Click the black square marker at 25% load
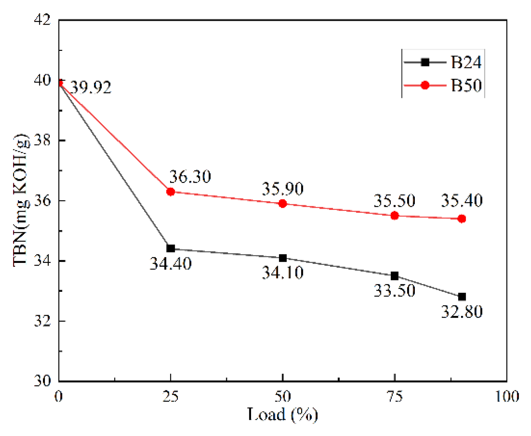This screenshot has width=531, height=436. [171, 248]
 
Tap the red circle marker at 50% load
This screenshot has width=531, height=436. [282, 204]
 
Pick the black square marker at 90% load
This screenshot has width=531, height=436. [462, 296]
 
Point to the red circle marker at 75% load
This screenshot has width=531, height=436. [395, 216]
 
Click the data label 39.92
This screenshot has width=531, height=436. [91, 87]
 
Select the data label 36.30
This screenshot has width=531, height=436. [190, 176]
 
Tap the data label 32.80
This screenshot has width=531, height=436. [462, 312]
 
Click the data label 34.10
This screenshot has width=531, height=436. [282, 272]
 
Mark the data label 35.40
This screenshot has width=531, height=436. [462, 200]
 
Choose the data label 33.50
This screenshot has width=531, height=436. [395, 290]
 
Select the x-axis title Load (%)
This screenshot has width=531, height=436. [282, 414]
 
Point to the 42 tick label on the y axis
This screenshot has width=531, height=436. [42, 20]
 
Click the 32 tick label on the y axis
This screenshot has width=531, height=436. [42, 321]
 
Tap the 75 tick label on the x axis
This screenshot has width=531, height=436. [395, 396]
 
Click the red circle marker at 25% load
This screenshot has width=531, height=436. [171, 192]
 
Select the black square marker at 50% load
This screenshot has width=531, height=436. [282, 258]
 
